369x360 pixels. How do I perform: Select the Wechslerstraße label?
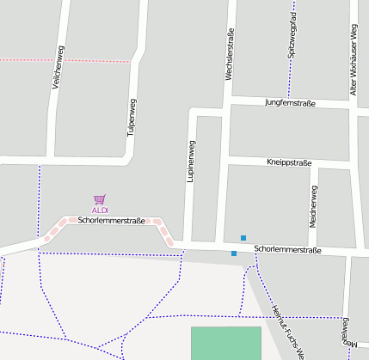coord(230,57)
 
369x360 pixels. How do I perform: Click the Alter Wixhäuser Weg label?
coord(353,59)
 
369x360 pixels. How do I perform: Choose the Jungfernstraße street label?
coord(291,103)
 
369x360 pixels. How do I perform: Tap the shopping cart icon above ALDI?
coord(100,199)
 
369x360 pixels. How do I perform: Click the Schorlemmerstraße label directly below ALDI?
coord(111,221)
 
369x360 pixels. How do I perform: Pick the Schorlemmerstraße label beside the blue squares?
coord(287,250)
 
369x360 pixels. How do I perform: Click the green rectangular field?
coord(225,343)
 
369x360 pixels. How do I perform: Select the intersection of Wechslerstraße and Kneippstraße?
coord(226,161)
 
